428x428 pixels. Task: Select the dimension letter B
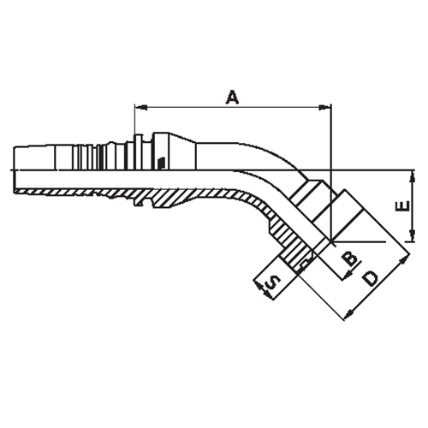point(348,259)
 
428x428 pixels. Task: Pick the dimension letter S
point(271,282)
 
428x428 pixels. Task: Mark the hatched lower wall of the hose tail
point(86,188)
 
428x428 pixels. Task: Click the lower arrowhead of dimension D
point(346,316)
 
